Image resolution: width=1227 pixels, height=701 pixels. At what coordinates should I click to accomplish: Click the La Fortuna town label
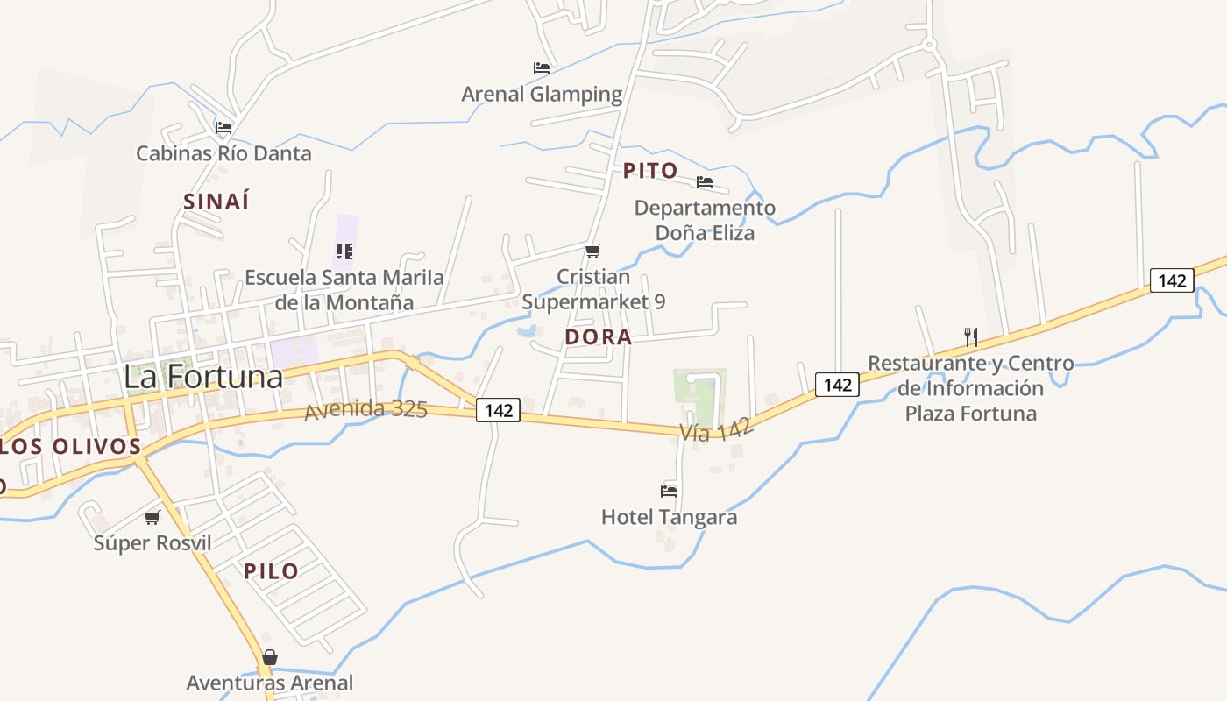pyautogui.click(x=203, y=376)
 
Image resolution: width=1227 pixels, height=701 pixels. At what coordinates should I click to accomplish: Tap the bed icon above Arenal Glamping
pyautogui.click(x=542, y=67)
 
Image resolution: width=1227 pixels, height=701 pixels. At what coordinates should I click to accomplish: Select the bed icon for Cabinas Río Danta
pyautogui.click(x=223, y=128)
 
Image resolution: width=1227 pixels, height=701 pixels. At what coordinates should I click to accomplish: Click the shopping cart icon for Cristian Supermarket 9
pyautogui.click(x=593, y=251)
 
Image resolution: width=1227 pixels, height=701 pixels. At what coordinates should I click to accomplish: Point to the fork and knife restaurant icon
pyautogui.click(x=970, y=337)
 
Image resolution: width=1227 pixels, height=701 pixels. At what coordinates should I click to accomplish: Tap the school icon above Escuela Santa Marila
pyautogui.click(x=344, y=251)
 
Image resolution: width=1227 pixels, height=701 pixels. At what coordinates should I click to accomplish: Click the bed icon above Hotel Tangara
pyautogui.click(x=669, y=491)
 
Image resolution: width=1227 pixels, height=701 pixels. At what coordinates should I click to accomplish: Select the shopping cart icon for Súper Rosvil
pyautogui.click(x=152, y=517)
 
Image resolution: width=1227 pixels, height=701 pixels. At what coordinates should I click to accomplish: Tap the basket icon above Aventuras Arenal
pyautogui.click(x=270, y=657)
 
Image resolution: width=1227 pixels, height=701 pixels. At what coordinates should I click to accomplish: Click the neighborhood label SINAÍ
pyautogui.click(x=216, y=202)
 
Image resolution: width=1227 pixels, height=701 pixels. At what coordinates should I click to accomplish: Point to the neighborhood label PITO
pyautogui.click(x=650, y=171)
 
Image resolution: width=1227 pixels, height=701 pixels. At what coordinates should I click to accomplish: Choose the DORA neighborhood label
pyautogui.click(x=599, y=337)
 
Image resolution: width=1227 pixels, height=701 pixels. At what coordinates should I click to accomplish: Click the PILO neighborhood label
pyautogui.click(x=271, y=571)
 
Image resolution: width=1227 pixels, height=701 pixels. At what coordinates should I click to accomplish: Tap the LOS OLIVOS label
pyautogui.click(x=70, y=446)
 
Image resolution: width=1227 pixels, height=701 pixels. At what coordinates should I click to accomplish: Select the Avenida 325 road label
pyautogui.click(x=365, y=409)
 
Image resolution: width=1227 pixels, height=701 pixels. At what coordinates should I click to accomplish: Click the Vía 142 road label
pyautogui.click(x=716, y=429)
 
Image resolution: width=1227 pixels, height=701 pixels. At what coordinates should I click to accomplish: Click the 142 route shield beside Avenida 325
pyautogui.click(x=498, y=409)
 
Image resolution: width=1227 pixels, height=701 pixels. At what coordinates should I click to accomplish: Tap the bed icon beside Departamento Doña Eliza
pyautogui.click(x=705, y=182)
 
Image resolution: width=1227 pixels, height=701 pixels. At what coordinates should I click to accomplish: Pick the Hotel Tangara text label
pyautogui.click(x=669, y=517)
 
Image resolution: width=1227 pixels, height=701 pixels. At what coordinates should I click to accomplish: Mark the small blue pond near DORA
pyautogui.click(x=527, y=331)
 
